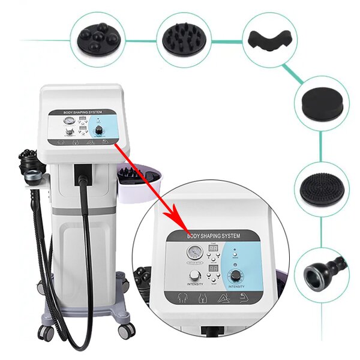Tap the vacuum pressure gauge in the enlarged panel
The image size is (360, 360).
click(193, 253)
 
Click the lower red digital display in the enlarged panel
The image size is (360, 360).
click(214, 271)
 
